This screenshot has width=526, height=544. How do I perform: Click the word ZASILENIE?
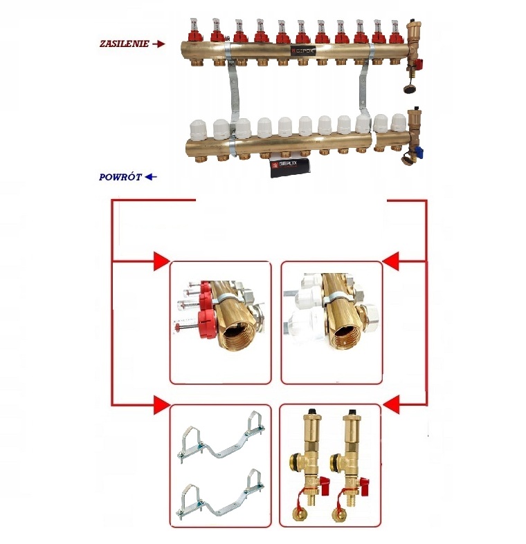pyautogui.click(x=123, y=44)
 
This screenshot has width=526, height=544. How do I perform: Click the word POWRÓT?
pyautogui.click(x=120, y=177)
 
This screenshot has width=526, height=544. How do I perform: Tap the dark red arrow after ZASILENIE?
pyautogui.click(x=158, y=44)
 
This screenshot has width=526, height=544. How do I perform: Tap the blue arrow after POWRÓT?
pyautogui.click(x=151, y=177)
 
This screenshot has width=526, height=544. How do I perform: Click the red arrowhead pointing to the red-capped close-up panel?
pyautogui.click(x=161, y=261)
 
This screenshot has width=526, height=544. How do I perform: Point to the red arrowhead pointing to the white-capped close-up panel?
pyautogui.click(x=390, y=261)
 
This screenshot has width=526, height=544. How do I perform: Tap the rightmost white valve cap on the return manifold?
pyautogui.click(x=397, y=122)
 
